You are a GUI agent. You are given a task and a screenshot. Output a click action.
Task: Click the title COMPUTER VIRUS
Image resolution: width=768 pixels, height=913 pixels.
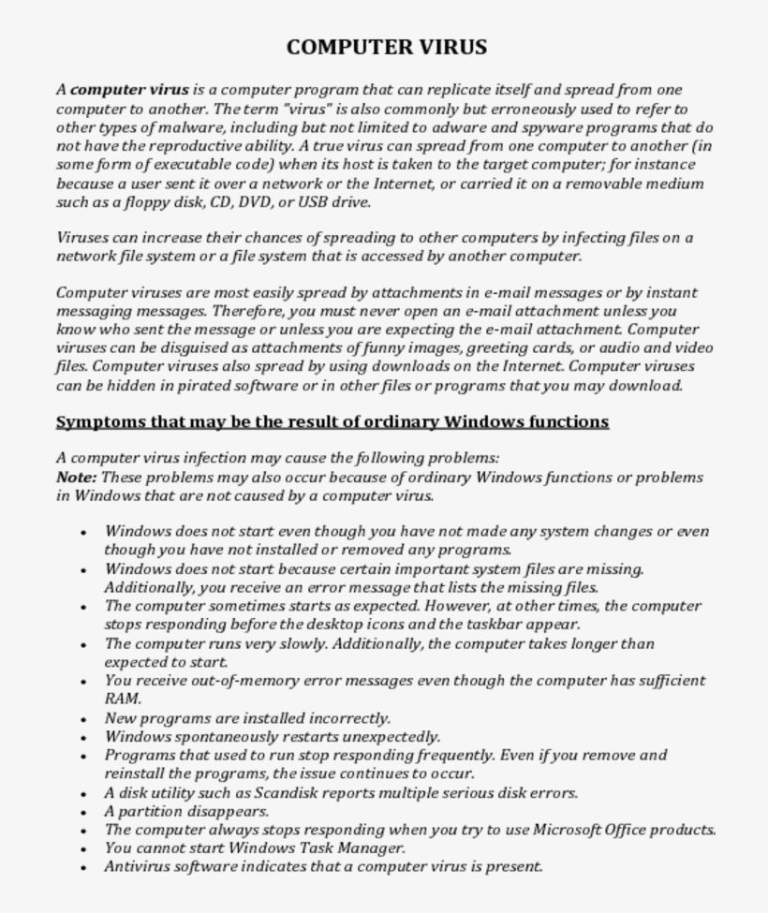click(386, 47)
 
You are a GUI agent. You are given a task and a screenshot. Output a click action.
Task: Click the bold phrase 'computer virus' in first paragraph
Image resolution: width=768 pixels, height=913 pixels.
click(129, 90)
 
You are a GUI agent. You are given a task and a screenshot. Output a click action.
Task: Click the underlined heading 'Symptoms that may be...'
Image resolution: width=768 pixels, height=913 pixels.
click(332, 421)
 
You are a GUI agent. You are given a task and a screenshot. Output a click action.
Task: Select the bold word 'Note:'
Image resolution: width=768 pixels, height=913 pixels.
click(76, 477)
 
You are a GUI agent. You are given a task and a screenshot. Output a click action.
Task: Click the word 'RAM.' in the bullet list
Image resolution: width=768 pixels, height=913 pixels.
click(123, 699)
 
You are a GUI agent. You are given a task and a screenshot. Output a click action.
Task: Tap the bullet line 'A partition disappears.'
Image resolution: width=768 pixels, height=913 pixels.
click(186, 811)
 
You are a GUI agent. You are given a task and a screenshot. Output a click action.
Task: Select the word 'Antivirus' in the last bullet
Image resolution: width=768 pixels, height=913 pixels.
click(138, 867)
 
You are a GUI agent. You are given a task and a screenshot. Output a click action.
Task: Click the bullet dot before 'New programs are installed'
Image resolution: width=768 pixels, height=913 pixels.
click(84, 719)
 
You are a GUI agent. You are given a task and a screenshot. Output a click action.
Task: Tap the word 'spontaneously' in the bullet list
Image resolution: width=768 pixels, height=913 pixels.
click(226, 737)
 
